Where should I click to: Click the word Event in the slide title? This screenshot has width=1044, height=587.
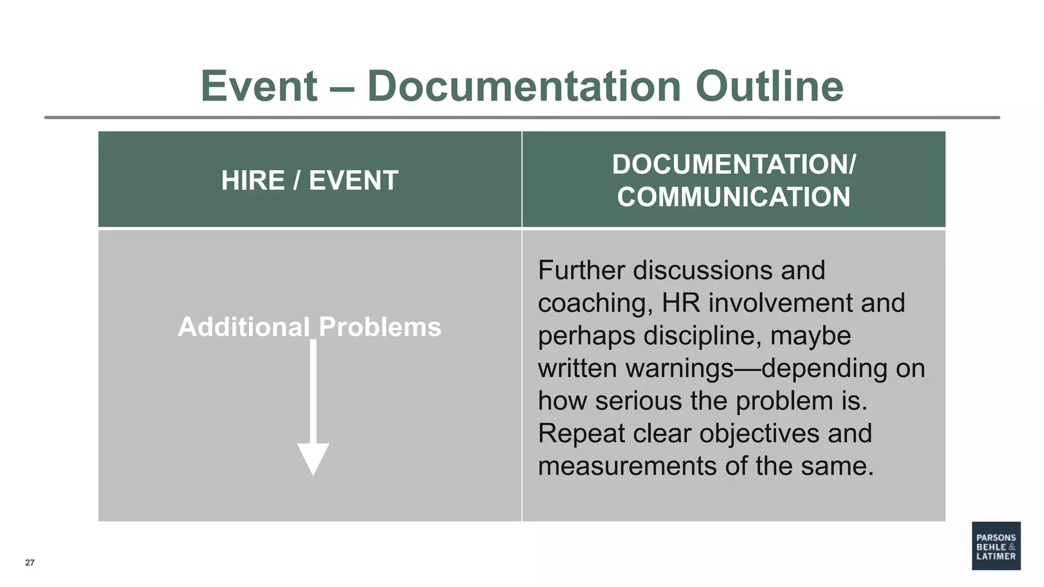(x=259, y=86)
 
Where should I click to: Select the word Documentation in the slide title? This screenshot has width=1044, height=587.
(x=524, y=86)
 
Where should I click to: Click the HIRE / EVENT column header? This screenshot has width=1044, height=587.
(x=309, y=180)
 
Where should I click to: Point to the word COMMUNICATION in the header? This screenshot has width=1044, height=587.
(x=734, y=197)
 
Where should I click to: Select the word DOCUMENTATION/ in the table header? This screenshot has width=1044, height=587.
(x=734, y=165)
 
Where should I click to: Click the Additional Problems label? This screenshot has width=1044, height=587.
(x=309, y=327)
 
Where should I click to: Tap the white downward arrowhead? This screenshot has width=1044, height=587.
(x=313, y=459)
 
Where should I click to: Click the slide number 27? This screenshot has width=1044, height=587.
(x=30, y=563)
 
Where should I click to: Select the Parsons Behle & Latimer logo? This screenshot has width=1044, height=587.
(x=996, y=546)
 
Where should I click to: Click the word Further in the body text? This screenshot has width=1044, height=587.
(x=581, y=270)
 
